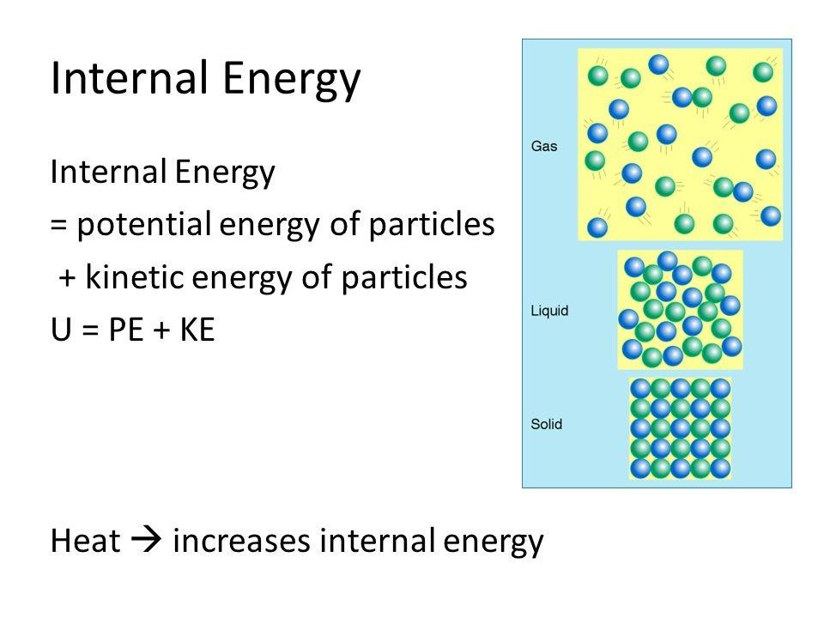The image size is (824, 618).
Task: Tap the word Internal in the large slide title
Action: pos(121,79)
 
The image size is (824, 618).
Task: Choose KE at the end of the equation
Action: pos(195,330)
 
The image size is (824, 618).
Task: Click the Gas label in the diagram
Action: pos(544,147)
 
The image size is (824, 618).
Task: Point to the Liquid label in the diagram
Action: pos(548,311)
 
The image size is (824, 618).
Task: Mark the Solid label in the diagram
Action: pos(547,424)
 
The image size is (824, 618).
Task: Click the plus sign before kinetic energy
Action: pos(66,279)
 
